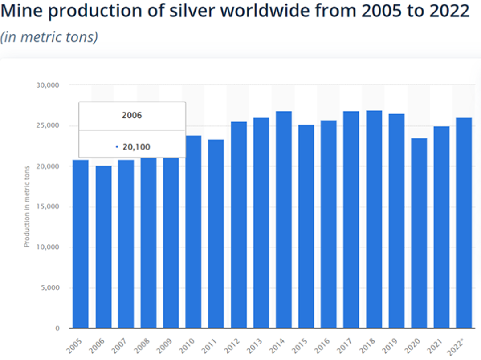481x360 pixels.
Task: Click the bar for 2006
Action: pos(103,247)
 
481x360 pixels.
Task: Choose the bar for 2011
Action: pos(216,234)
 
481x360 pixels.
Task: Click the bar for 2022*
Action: pos(464,223)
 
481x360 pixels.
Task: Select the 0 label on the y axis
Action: pos(57,328)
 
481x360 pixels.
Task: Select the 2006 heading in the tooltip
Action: pos(132,116)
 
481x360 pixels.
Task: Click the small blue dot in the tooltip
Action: pos(117,146)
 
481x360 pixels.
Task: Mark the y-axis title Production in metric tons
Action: pos(27,206)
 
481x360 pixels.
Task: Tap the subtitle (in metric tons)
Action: pos(49,37)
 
